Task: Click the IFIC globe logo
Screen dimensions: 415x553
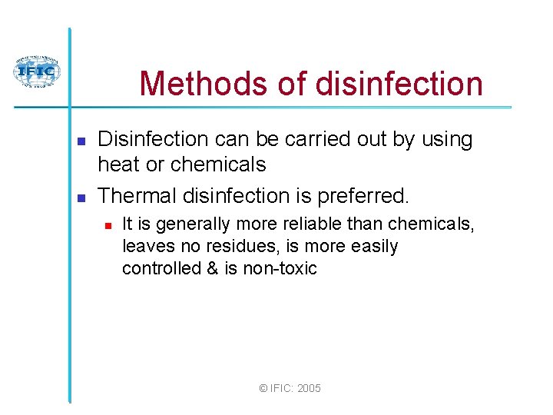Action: (x=36, y=73)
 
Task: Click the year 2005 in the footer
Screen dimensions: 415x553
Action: (x=308, y=389)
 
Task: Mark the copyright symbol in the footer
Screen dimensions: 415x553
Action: (x=263, y=389)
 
